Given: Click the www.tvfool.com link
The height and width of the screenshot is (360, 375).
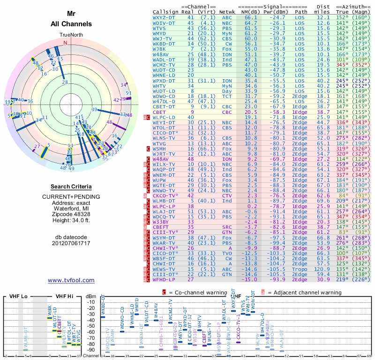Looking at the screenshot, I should coord(71,280).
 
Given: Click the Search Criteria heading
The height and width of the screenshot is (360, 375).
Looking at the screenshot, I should coord(71,186).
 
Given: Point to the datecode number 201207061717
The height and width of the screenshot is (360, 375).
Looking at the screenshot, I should coord(71,243).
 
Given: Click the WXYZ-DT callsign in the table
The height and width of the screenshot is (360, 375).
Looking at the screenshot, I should coord(165,17).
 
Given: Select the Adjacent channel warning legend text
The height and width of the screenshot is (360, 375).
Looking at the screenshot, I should coord(305,292).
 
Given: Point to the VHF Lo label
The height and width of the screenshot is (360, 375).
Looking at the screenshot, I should coord(16,296).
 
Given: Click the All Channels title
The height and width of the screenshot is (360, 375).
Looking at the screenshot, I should coord(71,23).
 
